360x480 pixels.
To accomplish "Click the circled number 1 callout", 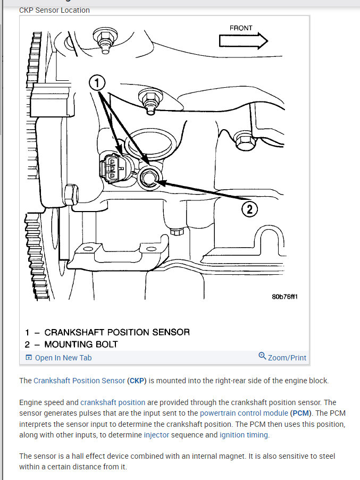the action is click(97, 83).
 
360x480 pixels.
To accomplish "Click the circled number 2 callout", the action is click(249, 209).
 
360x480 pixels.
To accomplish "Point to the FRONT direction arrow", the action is click(244, 41).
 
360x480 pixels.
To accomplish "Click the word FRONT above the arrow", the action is click(241, 28).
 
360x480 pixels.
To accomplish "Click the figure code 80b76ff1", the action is click(284, 297).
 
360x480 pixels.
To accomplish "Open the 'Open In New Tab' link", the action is click(58, 358).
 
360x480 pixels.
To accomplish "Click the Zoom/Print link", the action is click(287, 358).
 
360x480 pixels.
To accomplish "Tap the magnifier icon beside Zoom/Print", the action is click(262, 356).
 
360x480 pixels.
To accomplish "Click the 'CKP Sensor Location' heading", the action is click(54, 10).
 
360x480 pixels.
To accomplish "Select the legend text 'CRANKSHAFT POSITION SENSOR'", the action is click(117, 332).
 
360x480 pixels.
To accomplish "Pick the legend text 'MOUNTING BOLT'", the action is click(81, 344).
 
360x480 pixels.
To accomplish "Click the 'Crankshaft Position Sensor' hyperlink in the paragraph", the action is click(79, 381).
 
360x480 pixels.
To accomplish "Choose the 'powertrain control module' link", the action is click(244, 413).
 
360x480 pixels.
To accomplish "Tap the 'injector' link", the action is click(156, 435).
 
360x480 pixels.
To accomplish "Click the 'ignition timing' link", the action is click(244, 435).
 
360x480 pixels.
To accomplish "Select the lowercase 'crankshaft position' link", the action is click(113, 402).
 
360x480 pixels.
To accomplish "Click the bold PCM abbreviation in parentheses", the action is click(301, 413).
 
